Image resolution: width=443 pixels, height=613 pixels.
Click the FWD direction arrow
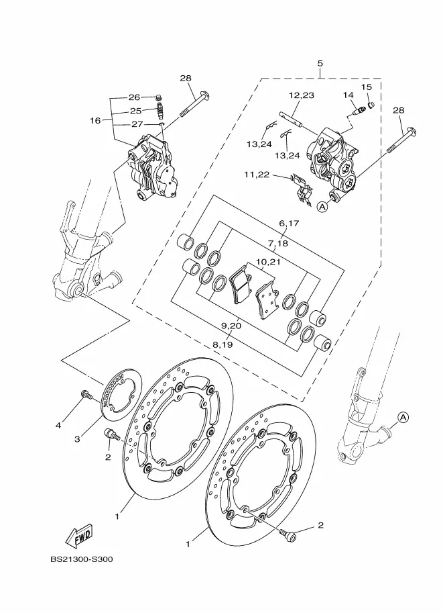point(78,535)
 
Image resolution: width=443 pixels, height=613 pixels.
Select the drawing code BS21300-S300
point(82,559)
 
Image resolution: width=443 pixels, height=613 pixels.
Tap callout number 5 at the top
point(320,63)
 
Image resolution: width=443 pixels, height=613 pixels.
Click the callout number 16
point(95,120)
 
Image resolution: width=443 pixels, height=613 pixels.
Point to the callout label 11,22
point(257,175)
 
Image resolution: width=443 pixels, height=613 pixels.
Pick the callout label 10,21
point(268,262)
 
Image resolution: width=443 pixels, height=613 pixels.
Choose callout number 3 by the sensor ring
point(77,439)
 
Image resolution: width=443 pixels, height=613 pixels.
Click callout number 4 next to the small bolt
point(58,425)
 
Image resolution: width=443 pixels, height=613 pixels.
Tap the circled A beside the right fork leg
point(403,418)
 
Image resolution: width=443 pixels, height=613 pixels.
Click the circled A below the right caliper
point(322,207)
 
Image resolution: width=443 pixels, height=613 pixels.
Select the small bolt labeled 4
point(86,395)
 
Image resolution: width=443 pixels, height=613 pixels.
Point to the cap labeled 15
point(371,105)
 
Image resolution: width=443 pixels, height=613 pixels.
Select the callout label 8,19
point(222,344)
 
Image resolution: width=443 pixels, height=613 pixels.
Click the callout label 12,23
point(302,95)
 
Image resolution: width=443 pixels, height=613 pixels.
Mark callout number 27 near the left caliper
point(137,124)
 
